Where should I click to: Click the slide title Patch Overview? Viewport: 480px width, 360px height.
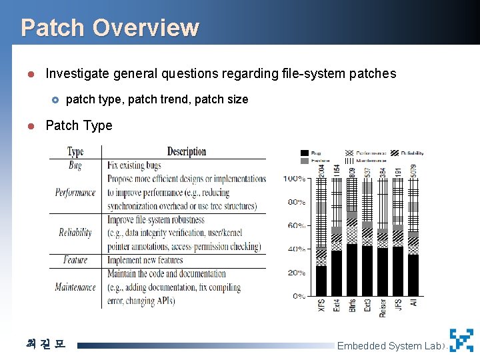coord(109,27)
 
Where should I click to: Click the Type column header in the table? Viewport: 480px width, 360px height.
coord(75,152)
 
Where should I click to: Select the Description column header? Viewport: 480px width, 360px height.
coord(186,151)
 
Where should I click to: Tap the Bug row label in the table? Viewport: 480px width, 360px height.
coord(75,165)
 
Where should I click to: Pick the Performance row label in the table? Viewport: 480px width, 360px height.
coord(75,193)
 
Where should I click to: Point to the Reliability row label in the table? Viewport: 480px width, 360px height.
coord(75,233)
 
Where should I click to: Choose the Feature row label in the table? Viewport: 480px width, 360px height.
coord(75,260)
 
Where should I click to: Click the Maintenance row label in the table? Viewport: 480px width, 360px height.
coord(75,287)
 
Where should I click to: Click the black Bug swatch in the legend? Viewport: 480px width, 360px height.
coord(305,153)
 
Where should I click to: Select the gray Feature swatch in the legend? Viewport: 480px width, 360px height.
coord(305,161)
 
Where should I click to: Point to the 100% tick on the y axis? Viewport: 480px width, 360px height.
coord(294,179)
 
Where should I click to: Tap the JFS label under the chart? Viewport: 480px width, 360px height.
coord(398,306)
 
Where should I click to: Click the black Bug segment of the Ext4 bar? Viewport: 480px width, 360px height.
coord(337,273)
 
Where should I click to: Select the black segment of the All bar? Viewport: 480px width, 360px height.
coord(413,275)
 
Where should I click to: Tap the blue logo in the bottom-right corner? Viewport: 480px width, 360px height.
coord(461,341)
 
